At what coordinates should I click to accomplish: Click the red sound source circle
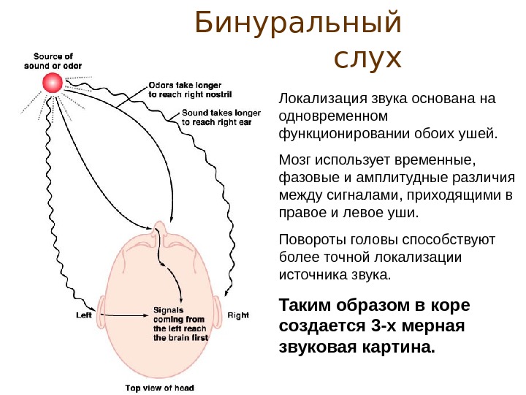coord(53,83)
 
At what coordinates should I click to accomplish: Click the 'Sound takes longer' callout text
coord(221,118)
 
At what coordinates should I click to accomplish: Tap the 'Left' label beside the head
coord(85,316)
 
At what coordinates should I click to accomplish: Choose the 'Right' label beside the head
coord(238,315)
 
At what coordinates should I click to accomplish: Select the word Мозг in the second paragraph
coord(296,159)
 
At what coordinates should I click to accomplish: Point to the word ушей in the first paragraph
coord(477,134)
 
